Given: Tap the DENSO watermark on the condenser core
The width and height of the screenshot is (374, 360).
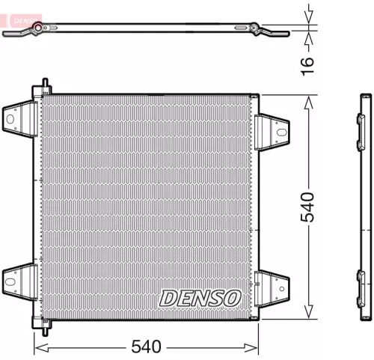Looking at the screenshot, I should pyautogui.click(x=200, y=297).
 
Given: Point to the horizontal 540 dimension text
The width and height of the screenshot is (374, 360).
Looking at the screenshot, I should pyautogui.click(x=147, y=347).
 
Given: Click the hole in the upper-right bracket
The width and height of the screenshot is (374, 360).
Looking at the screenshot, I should pyautogui.click(x=280, y=132).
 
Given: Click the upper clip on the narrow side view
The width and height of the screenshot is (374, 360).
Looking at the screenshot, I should pyautogui.click(x=363, y=122).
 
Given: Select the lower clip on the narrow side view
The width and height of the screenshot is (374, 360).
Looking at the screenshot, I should pyautogui.click(x=363, y=280).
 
